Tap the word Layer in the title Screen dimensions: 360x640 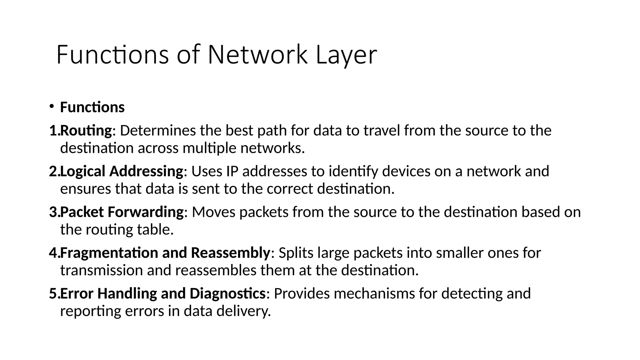point(346,55)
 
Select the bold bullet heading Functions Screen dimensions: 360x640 point(92,107)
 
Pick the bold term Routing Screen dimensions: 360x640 point(86,131)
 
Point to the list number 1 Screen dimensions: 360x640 point(54,131)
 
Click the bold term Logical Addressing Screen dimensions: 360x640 point(121,171)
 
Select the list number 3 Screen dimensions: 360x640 point(54,212)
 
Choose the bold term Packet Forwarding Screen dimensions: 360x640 point(122,212)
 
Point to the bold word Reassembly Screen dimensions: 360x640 point(230,252)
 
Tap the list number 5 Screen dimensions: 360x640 point(54,293)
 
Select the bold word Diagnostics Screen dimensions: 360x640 point(227,293)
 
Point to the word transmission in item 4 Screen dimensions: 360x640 point(101,270)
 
